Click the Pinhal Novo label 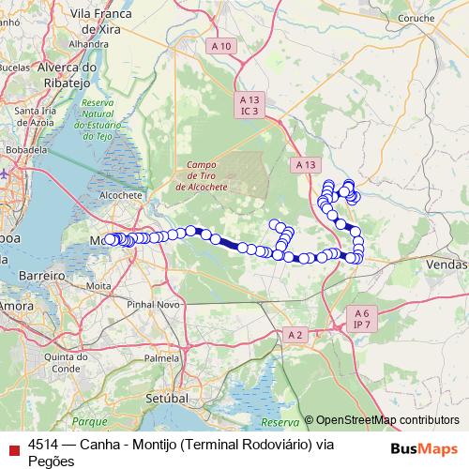coord(153,305)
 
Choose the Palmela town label coord(162,358)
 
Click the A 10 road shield coord(221,46)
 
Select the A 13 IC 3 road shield coord(249,105)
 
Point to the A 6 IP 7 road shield coord(362,318)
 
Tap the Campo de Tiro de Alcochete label coord(202,174)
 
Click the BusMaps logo coord(425,447)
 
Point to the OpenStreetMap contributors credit coord(381,421)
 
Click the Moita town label coord(98,284)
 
